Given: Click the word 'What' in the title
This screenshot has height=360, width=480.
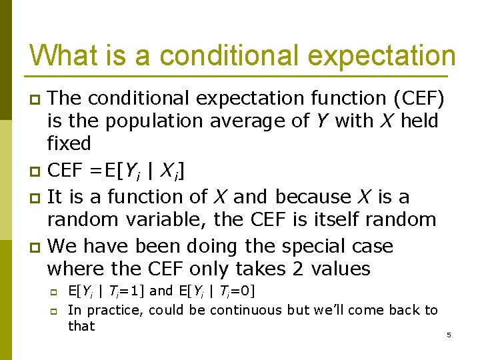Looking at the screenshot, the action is point(64,55).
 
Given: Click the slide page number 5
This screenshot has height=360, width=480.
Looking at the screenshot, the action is point(449,335).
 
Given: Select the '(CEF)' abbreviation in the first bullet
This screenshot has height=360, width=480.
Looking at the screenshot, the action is point(419,99).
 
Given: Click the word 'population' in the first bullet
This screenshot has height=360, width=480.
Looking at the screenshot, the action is point(154,121).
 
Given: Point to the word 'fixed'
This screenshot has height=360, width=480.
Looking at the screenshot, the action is point(69,143).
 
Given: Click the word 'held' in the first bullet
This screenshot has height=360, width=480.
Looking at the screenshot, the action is point(419,120).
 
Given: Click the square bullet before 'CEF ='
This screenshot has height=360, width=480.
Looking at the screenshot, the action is point(35,171).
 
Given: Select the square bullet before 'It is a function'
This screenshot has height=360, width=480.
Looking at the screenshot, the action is point(35,198).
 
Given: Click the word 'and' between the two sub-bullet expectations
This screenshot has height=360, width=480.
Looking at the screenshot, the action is point(161,291).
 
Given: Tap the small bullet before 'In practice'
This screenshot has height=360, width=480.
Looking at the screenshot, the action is point(53,312).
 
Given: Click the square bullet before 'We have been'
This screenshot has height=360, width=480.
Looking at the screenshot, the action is point(35,247).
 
